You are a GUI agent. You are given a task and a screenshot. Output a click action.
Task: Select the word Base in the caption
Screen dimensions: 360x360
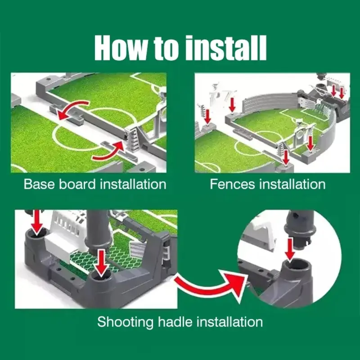click(40, 184)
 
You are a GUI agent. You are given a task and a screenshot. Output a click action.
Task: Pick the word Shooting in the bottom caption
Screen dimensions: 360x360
click(125, 322)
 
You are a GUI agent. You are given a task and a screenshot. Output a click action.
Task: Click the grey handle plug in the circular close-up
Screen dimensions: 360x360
click(299, 227)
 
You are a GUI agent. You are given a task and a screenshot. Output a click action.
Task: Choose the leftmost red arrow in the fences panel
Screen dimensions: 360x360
click(207, 116)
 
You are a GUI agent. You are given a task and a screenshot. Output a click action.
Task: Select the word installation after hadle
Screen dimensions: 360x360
click(229, 322)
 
